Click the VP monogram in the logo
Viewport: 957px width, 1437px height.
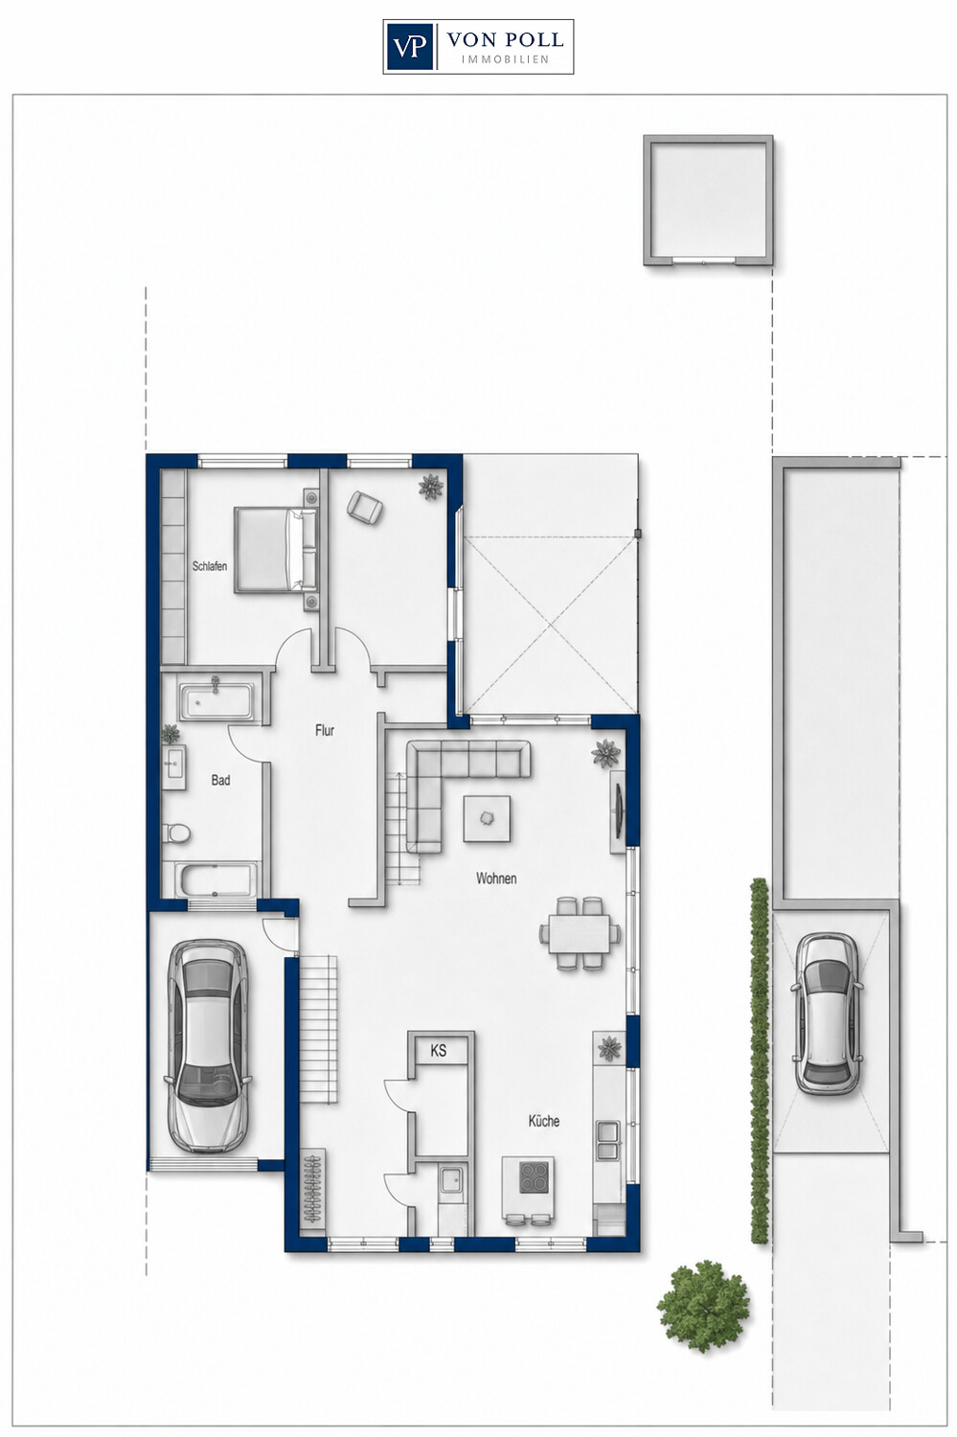(410, 46)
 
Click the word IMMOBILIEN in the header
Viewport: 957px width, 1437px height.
(505, 59)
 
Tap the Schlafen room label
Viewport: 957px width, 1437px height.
(210, 566)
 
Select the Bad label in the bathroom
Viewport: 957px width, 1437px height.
(220, 780)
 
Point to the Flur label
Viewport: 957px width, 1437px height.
(325, 730)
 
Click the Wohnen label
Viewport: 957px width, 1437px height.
(496, 878)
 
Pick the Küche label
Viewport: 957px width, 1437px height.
(544, 1121)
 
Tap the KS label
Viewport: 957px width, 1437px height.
(439, 1051)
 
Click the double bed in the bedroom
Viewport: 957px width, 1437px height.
(277, 550)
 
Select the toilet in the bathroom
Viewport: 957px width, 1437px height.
(176, 834)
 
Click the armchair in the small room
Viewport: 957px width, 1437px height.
(365, 508)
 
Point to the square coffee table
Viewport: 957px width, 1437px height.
(488, 818)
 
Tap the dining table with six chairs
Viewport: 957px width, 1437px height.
(580, 933)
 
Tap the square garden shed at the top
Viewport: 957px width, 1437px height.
(708, 200)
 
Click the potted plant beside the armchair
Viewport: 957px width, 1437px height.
(430, 487)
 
